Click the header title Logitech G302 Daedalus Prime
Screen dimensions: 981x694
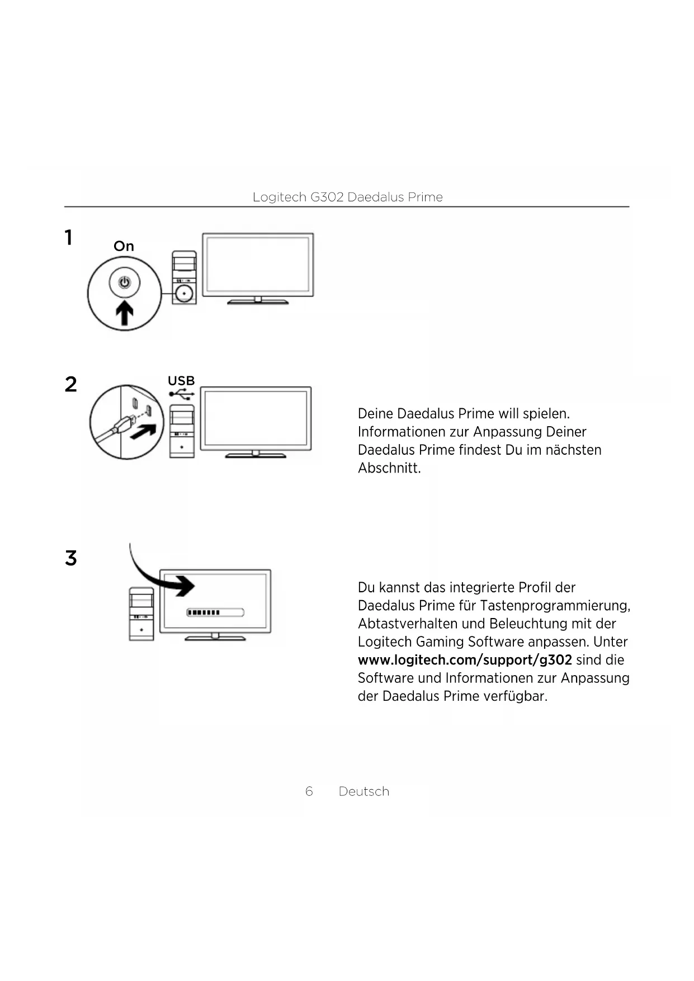point(347,197)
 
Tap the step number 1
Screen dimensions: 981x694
point(68,238)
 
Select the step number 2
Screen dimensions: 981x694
point(70,384)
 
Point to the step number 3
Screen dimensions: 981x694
point(70,558)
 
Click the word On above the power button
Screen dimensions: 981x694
point(124,246)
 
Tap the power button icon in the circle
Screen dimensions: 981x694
point(124,282)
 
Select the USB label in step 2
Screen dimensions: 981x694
point(181,381)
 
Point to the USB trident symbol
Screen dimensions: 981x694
point(182,394)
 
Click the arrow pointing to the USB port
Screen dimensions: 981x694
point(143,431)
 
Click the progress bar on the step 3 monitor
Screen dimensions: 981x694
point(215,612)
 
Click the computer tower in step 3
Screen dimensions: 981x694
point(141,614)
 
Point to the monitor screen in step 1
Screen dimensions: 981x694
point(258,264)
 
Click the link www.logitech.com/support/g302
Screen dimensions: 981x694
point(465,660)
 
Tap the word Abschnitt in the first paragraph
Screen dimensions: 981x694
point(389,468)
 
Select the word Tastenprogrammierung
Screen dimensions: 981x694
point(554,606)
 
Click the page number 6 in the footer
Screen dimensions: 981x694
point(309,791)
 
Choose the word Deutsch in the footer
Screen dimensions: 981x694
point(364,791)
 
